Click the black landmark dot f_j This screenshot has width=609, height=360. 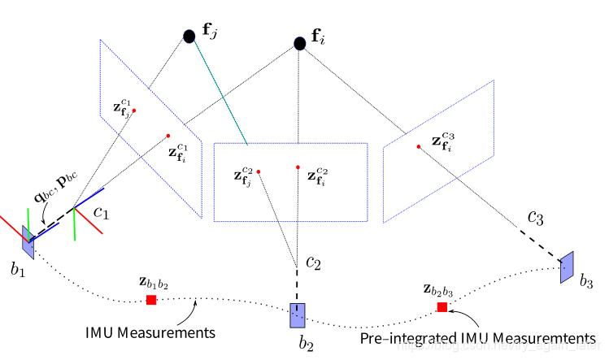(x=189, y=36)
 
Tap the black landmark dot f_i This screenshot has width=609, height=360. (x=299, y=43)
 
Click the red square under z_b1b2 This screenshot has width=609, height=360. (x=151, y=300)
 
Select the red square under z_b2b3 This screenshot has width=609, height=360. (x=442, y=307)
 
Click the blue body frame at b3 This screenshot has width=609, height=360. (x=567, y=267)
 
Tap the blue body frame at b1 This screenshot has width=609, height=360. (x=28, y=235)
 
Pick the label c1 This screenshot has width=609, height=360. (x=102, y=214)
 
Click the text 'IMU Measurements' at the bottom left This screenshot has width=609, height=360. (x=150, y=333)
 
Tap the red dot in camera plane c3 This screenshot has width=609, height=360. (x=418, y=147)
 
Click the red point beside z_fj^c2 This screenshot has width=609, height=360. (x=259, y=171)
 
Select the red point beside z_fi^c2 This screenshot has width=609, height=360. (x=298, y=169)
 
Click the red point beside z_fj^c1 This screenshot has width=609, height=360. (x=134, y=111)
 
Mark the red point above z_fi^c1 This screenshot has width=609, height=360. (x=168, y=136)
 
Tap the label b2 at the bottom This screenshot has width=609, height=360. (x=306, y=345)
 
